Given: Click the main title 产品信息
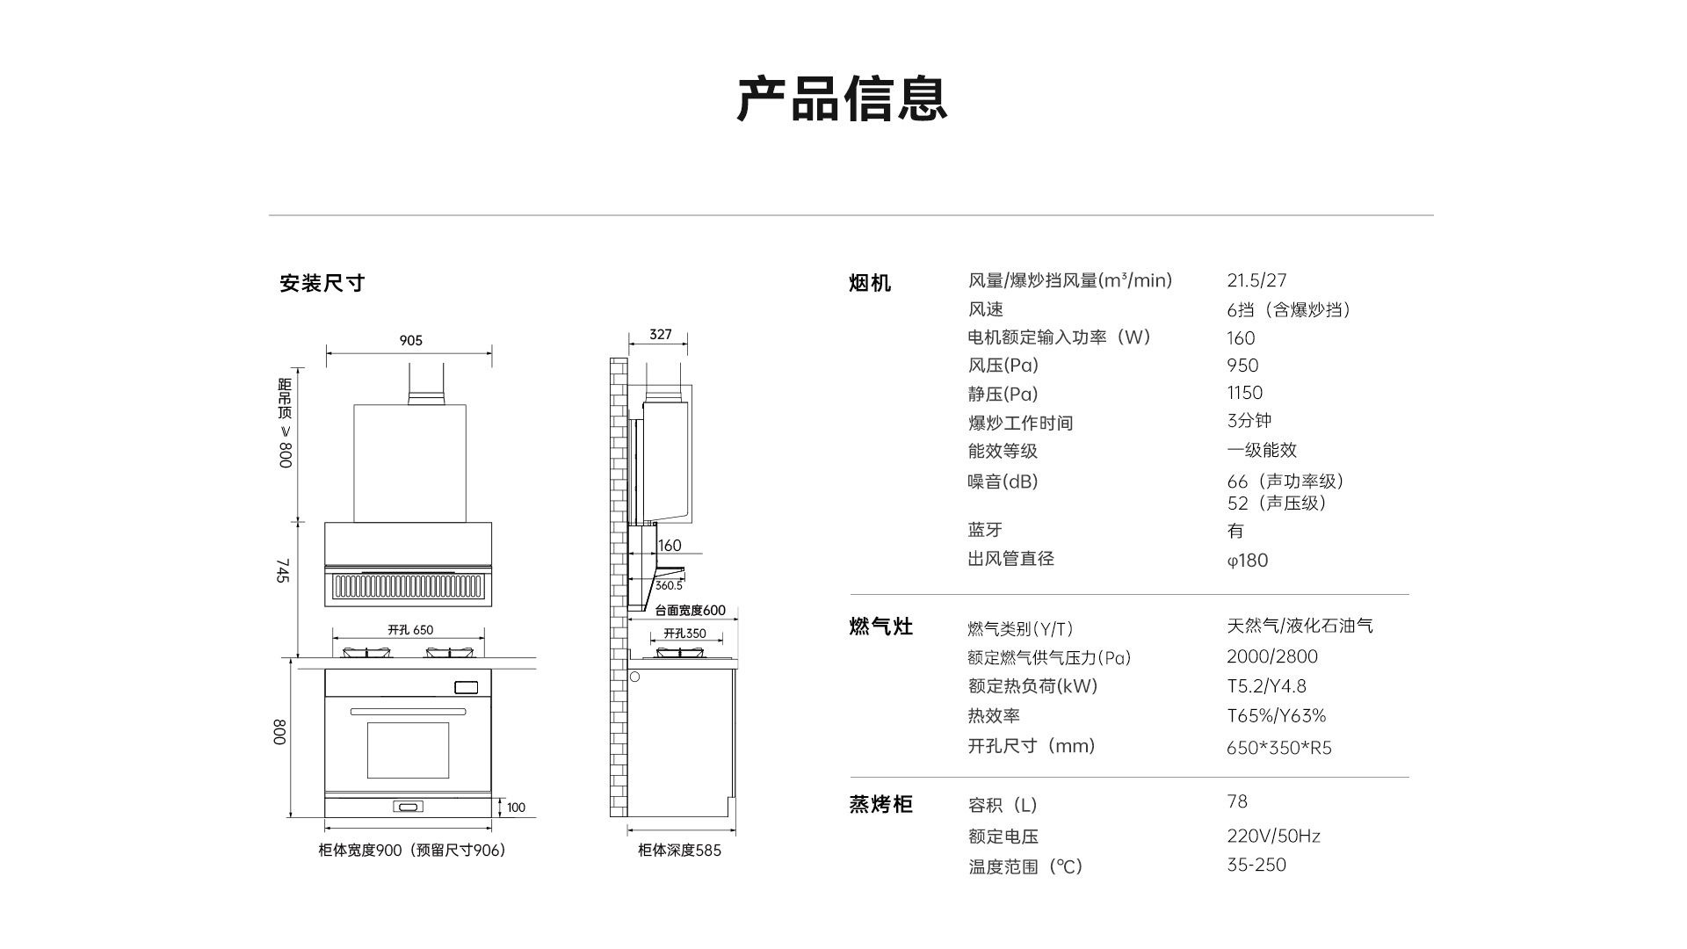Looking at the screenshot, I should pos(842,98).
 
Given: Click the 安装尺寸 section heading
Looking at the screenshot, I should pos(322,283).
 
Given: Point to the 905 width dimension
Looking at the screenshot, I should pos(410,340).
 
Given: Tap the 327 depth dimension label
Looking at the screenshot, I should pos(660,334).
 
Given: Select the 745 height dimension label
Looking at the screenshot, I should pos(283,570).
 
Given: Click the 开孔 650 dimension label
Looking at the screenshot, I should pos(410,630).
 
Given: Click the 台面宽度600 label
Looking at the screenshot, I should pos(690,611).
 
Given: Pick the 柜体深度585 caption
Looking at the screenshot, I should pos(679,851).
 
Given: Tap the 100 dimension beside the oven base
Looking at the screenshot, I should pos(516,808).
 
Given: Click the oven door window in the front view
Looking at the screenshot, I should pos(408,750).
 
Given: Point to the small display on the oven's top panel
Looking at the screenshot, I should pos(466,687).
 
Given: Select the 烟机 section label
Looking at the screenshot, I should pos(870,283).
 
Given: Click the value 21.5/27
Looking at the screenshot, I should pos(1256,280).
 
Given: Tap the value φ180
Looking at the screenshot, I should pos(1247,561).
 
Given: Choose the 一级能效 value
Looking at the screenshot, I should pos(1262,450).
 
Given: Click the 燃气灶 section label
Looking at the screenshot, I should pos(880,627).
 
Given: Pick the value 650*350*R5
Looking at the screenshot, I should pos(1278,748).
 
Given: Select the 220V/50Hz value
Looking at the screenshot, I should pos(1273,836).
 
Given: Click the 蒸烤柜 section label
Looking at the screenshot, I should pos(880,804).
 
